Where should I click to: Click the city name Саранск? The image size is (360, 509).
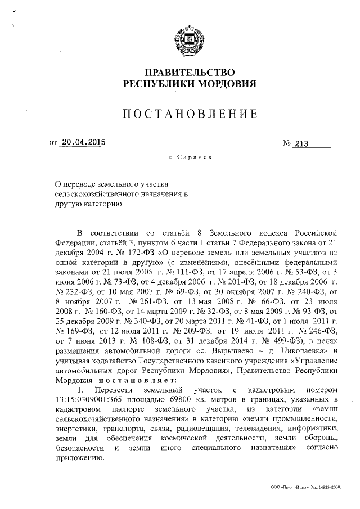pos(193,158)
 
